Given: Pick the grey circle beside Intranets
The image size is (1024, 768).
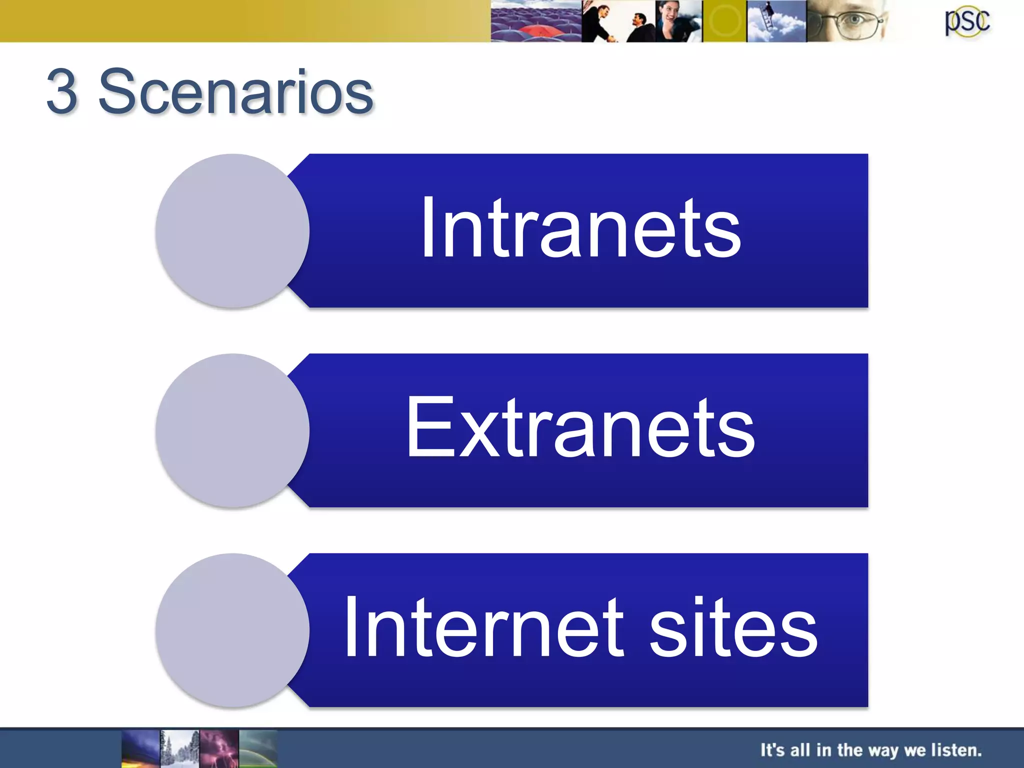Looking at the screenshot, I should coord(232,230).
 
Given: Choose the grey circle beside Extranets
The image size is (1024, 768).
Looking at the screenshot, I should coord(232,430).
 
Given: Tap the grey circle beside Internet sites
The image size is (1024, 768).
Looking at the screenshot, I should coord(232,630).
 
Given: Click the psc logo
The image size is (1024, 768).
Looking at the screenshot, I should coord(967,21).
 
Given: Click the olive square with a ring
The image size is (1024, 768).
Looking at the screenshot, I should coord(724,21).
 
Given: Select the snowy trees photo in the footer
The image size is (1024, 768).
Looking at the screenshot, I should coord(179,748).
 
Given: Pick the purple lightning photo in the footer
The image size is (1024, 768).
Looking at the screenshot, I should coord(219,748).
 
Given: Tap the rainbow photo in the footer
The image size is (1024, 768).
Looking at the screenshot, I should coord(258,748).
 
